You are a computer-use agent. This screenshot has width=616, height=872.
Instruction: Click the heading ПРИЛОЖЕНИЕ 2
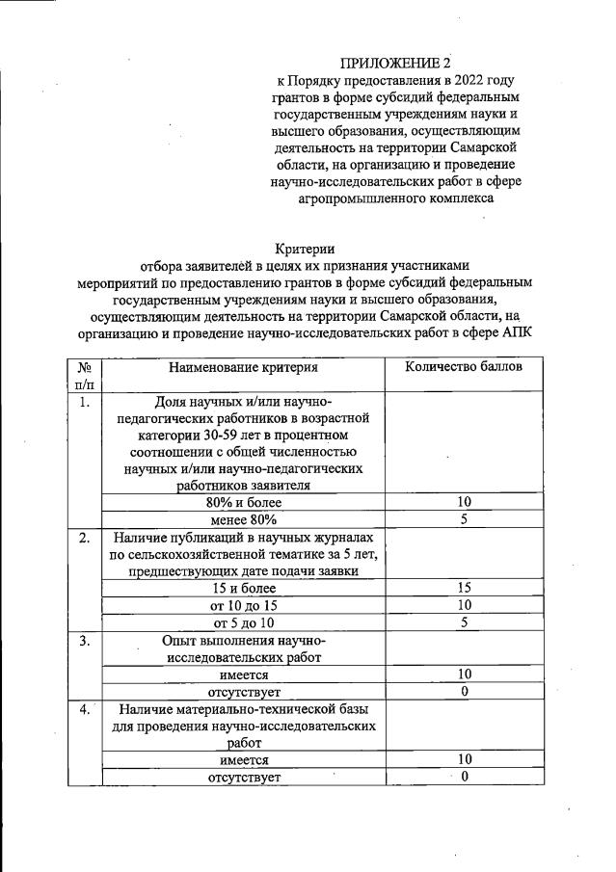pos(389,64)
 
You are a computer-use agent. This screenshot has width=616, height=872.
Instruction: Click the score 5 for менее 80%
pos(464,519)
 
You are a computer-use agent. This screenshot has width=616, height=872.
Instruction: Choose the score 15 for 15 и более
pos(464,588)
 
